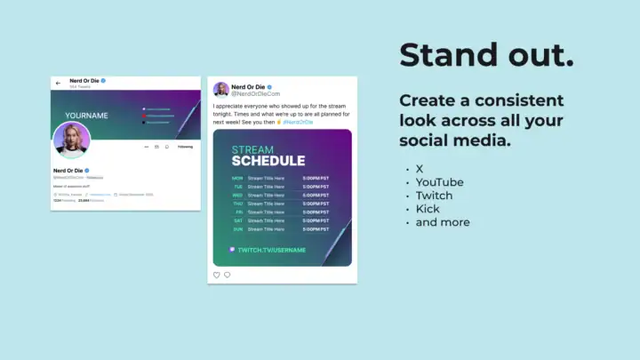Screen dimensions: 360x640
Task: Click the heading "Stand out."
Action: click(486, 55)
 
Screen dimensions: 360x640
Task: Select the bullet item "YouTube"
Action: click(439, 182)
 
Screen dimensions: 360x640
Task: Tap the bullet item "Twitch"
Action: click(434, 196)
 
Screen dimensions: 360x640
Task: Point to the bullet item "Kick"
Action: click(428, 209)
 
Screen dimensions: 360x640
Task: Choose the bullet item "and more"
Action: click(443, 222)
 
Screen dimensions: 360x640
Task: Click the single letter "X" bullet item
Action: click(420, 169)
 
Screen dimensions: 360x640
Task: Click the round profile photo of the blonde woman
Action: click(72, 140)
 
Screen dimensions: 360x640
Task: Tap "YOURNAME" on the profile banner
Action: click(86, 116)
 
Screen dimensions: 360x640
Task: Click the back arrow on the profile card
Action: click(59, 83)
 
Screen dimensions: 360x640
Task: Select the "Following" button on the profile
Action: click(185, 147)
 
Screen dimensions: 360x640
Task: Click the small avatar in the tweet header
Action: click(221, 90)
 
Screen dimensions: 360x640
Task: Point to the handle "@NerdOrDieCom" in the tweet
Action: click(257, 93)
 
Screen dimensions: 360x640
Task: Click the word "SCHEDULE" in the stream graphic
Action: click(268, 161)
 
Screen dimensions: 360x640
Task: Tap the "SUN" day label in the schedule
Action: click(237, 228)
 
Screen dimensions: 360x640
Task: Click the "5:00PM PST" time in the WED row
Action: click(315, 195)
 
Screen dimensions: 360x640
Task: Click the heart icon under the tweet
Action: click(216, 275)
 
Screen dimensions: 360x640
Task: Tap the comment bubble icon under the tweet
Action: click(227, 275)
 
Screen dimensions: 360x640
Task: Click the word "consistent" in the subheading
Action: click(521, 100)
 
